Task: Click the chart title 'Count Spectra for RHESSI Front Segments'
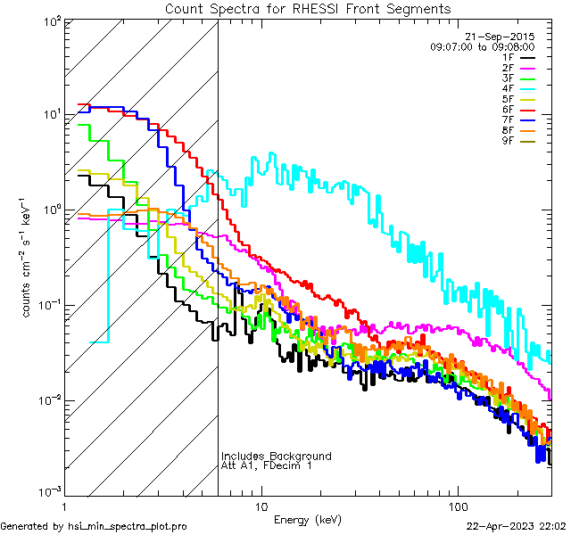pos(308,9)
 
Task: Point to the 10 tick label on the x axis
pos(261,506)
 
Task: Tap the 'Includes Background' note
pos(276,457)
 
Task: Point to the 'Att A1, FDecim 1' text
pos(266,465)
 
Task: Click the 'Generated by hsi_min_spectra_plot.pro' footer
pos(94,527)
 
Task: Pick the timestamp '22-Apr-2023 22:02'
pos(517,527)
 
